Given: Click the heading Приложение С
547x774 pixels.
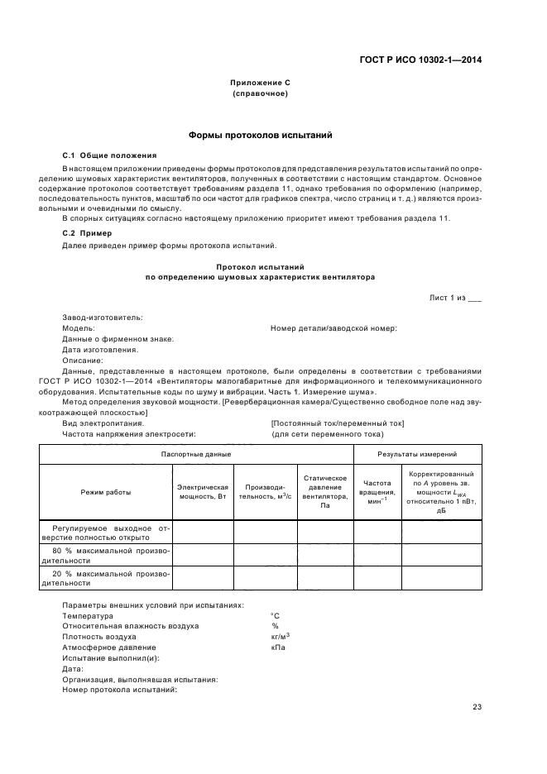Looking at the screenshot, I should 260,83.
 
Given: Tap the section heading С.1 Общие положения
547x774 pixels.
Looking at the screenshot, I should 109,155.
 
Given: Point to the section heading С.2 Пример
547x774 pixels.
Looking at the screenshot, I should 88,233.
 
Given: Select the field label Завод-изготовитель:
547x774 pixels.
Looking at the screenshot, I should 103,318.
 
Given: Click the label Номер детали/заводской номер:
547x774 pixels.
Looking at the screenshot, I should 333,328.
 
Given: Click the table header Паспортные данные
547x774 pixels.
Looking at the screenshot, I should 196,454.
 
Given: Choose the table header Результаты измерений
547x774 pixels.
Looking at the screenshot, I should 417,454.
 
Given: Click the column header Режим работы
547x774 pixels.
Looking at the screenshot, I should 105,492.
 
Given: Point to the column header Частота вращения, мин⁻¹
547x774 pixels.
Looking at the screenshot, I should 377,487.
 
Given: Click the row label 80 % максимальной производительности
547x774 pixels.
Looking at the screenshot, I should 105,555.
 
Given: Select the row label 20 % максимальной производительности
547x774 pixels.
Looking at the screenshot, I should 105,578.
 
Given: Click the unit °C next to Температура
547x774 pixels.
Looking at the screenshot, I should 276,616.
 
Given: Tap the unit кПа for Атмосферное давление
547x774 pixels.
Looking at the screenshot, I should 278,647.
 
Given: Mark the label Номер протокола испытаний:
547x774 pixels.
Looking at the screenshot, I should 120,690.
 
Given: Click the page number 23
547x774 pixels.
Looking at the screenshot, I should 477,706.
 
